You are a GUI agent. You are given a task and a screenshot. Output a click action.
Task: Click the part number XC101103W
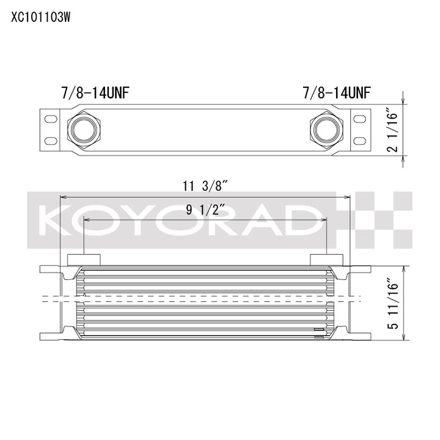pyautogui.click(x=40, y=18)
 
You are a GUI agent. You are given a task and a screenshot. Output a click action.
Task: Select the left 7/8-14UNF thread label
pyautogui.click(x=95, y=93)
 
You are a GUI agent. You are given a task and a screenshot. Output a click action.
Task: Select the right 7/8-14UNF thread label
pyautogui.click(x=337, y=93)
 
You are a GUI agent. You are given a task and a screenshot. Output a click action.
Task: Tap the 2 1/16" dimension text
pyautogui.click(x=392, y=130)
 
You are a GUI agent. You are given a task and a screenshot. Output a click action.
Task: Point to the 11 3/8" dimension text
pyautogui.click(x=205, y=186)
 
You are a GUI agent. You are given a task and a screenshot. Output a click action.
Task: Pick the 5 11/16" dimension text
pyautogui.click(x=392, y=303)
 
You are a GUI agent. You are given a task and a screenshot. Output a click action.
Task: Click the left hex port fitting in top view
pyautogui.click(x=84, y=130)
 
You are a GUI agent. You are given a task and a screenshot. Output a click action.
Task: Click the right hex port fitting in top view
pyautogui.click(x=326, y=130)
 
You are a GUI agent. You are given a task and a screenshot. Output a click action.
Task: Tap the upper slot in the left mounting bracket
pyautogui.click(x=51, y=119)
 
